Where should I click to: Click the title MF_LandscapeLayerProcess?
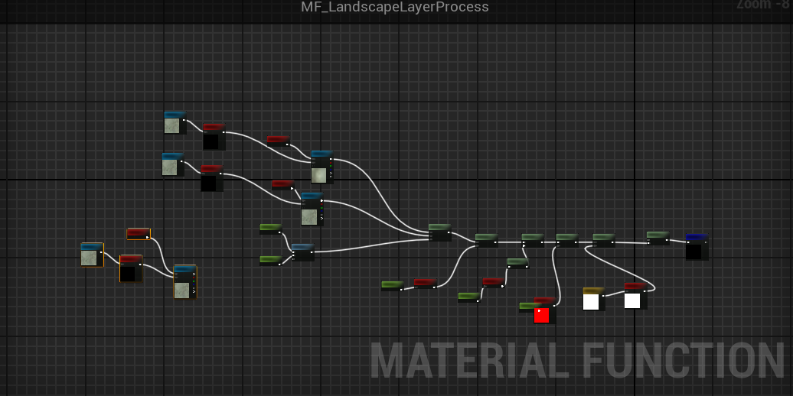click(394, 8)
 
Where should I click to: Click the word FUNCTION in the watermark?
click(684, 361)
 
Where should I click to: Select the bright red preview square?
click(541, 316)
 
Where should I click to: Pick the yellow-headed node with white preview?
click(593, 299)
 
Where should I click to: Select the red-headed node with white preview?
click(635, 296)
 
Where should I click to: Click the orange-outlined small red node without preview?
click(139, 233)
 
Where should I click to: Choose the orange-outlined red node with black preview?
click(131, 269)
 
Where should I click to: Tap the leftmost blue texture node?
click(91, 255)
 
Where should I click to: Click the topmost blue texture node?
click(175, 122)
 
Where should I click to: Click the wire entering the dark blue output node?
click(677, 241)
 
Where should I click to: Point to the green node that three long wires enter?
click(439, 232)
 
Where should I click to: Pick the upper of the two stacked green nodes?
click(270, 229)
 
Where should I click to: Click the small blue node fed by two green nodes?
click(302, 252)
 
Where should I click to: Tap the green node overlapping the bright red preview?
click(528, 307)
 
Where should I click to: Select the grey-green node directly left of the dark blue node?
click(658, 238)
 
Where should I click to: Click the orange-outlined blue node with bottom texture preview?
click(184, 281)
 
